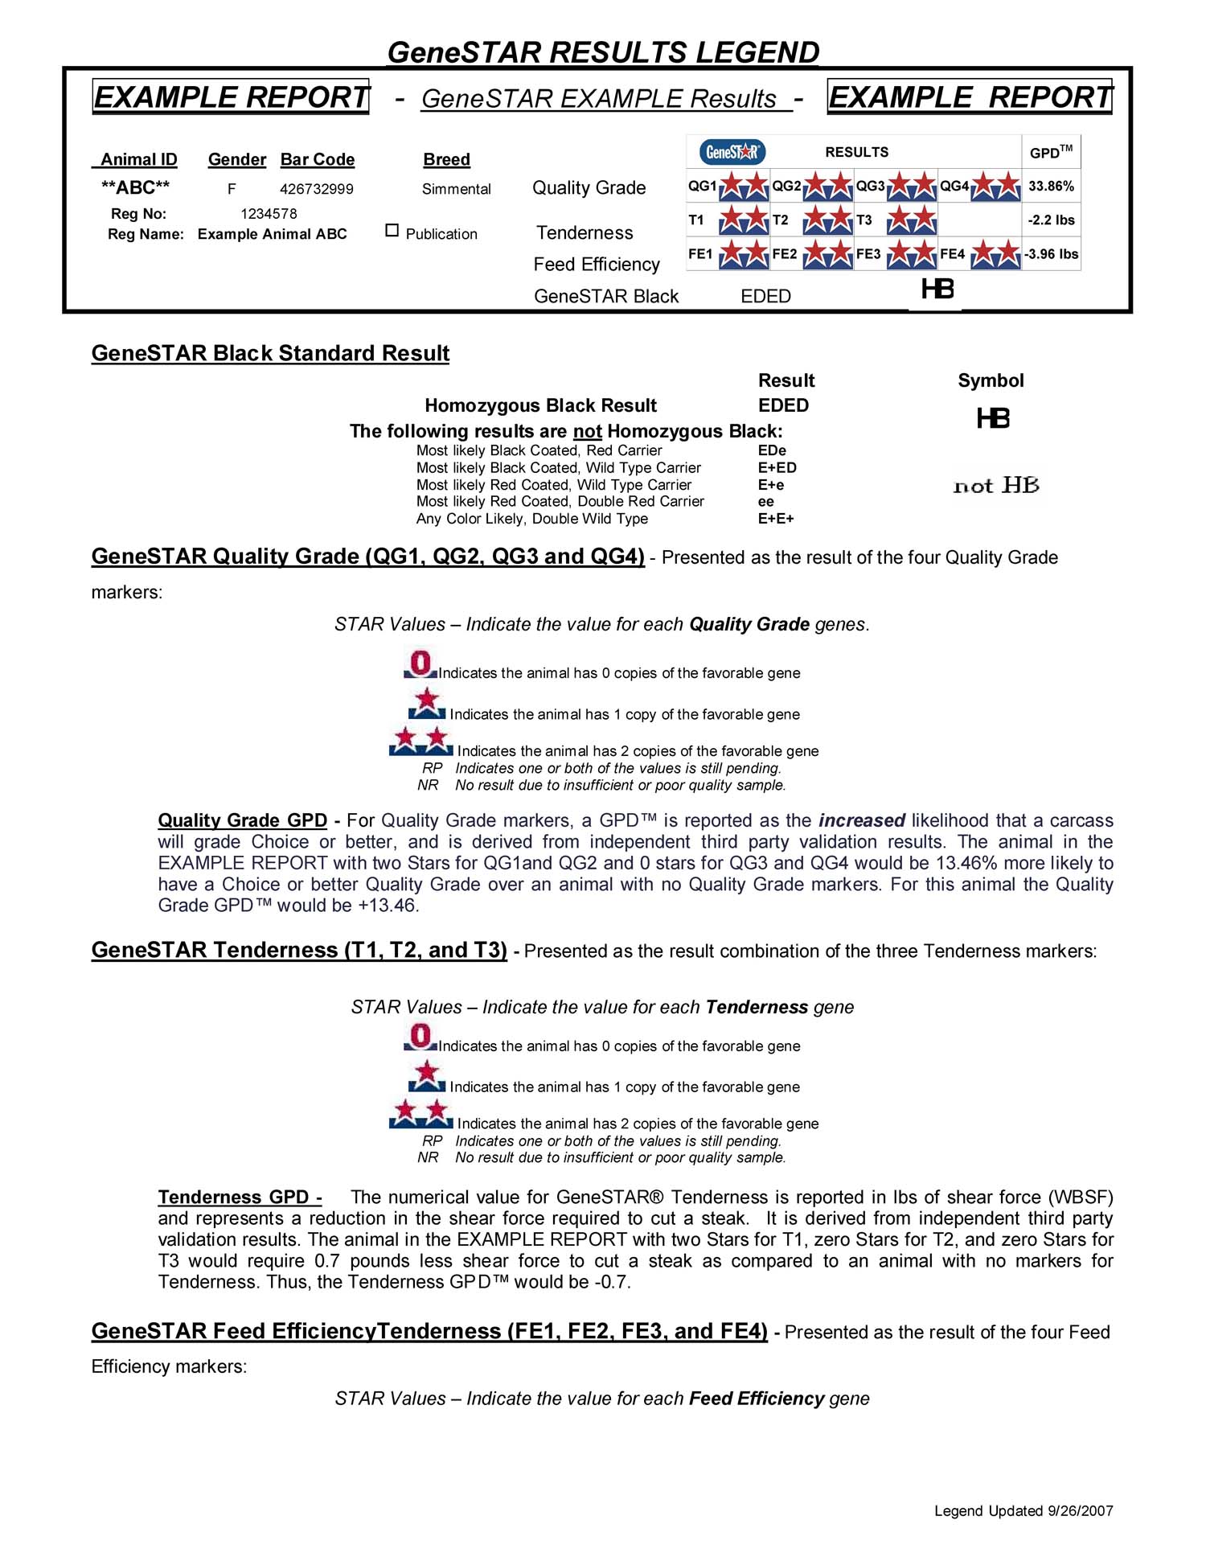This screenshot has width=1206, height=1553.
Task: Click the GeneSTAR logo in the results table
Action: click(x=732, y=151)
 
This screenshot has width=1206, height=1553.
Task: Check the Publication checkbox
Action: click(x=392, y=231)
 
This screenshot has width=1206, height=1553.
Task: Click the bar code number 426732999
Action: click(x=317, y=189)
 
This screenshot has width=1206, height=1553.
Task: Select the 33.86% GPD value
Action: click(x=1051, y=187)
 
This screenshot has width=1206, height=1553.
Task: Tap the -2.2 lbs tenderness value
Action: click(x=1051, y=220)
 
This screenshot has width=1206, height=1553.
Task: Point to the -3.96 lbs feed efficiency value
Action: click(x=1051, y=254)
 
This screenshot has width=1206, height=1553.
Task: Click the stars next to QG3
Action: click(x=912, y=187)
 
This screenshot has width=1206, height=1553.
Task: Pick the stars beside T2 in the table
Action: click(x=828, y=220)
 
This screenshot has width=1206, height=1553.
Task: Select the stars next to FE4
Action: click(x=995, y=254)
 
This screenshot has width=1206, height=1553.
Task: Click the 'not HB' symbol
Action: click(x=996, y=486)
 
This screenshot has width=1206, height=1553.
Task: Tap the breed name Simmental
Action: click(x=457, y=189)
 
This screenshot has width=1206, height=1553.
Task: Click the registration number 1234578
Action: click(x=269, y=214)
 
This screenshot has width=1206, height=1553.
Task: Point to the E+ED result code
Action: click(x=777, y=468)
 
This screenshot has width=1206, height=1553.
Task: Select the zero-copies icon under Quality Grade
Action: click(x=420, y=665)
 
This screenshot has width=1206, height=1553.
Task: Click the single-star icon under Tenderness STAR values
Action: click(x=427, y=1076)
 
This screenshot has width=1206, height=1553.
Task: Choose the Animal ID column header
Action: click(x=138, y=159)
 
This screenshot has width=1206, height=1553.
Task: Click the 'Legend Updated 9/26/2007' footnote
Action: click(x=1023, y=1511)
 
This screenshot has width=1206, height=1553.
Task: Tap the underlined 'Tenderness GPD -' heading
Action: click(x=240, y=1197)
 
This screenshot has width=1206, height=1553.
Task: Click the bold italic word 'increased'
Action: click(x=862, y=820)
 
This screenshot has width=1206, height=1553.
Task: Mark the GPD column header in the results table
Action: click(x=1051, y=152)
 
